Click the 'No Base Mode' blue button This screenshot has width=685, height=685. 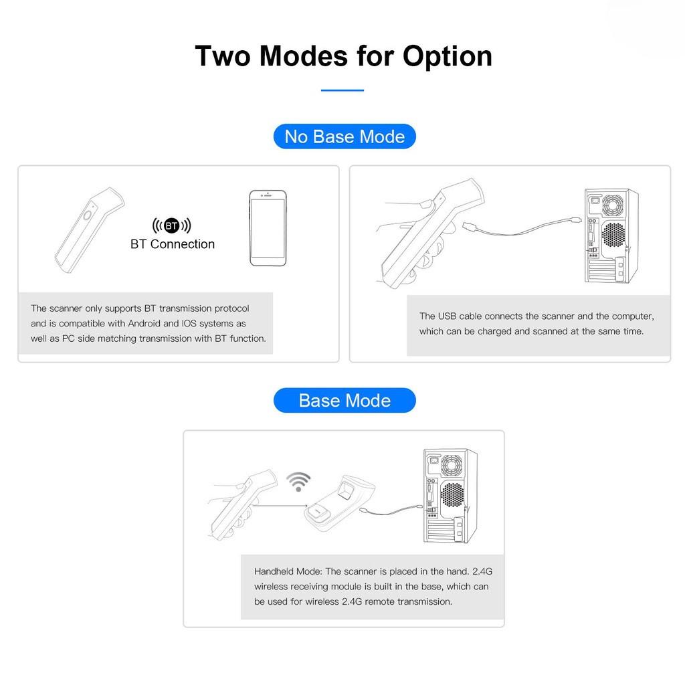pos(345,136)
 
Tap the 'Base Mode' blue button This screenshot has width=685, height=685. pos(345,400)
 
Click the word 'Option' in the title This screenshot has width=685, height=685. pos(447,57)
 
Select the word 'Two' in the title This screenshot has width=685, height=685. pos(223,56)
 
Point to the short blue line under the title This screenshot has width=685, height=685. pos(342,90)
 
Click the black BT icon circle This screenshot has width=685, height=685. pos(172,225)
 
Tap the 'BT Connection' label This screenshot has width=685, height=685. pos(173,243)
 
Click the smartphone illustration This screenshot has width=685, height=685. pos(268,227)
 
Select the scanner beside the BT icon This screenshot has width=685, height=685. pos(89,230)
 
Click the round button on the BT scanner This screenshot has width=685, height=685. pos(88,215)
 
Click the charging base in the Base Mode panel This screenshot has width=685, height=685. pos(339,502)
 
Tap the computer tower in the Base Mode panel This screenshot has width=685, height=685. pos(450,496)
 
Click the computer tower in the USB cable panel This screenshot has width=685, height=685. pos(611,236)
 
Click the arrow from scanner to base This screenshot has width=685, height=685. pos(280,506)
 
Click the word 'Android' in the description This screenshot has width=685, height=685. pos(144,323)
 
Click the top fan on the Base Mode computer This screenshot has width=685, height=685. pos(451,465)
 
